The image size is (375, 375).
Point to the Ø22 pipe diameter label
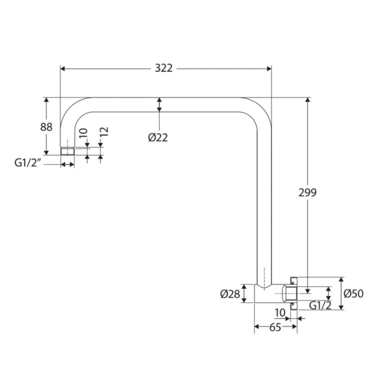[x=158, y=137]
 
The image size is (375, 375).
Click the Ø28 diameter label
[x=230, y=294]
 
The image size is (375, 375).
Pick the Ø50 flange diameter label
[x=353, y=294]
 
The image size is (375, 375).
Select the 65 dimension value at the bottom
[x=275, y=327]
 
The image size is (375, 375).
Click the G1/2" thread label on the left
[x=28, y=164]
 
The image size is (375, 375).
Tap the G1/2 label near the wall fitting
[x=320, y=305]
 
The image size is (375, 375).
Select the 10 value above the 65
[x=280, y=313]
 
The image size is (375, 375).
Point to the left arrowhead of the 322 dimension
[x=63, y=69]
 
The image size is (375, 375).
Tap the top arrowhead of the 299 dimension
[x=308, y=100]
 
